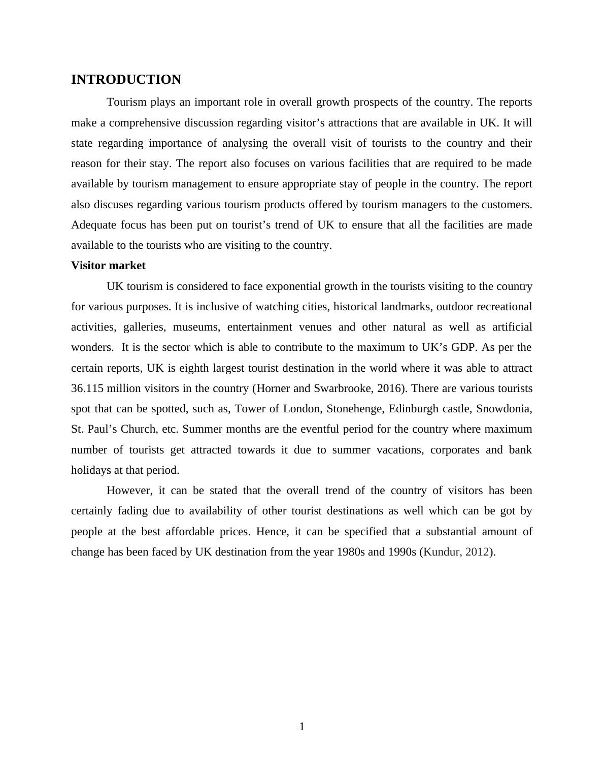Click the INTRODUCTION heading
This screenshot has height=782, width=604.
[x=126, y=80]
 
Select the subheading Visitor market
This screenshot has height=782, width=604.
[x=108, y=266]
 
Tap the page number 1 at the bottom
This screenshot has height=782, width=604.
[x=302, y=727]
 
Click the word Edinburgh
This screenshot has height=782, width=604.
[x=410, y=409]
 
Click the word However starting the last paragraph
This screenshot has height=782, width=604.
[x=129, y=491]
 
